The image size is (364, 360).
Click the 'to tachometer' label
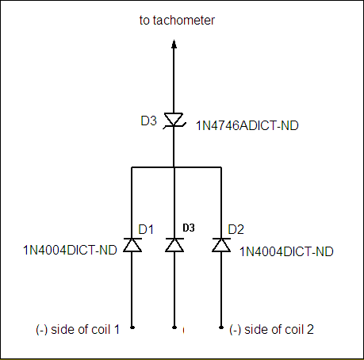pos(177,21)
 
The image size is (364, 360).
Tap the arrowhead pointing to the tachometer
pos(174,44)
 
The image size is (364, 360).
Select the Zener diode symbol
pos(174,121)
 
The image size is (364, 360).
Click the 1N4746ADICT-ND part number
pos(247,125)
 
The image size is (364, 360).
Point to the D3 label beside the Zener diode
pos(148,121)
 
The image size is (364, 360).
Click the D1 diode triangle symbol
pos(132,245)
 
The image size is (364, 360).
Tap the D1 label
pos(146,229)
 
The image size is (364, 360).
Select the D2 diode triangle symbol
pos(221,245)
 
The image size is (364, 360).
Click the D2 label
pos(236,229)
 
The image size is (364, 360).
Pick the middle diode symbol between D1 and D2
pos(174,245)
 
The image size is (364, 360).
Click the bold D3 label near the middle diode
pos(189,228)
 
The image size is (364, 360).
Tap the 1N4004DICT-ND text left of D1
pos(70,250)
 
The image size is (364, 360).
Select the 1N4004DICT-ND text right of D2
pos(286,251)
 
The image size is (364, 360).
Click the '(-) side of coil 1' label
pos(78,330)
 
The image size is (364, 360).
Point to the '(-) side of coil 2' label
pos(271,330)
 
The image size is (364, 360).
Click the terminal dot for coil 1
pos(132,327)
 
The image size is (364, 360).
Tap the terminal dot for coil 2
pos(221,327)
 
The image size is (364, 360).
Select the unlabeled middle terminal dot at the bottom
pos(174,327)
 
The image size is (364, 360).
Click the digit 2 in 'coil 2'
pos(310,329)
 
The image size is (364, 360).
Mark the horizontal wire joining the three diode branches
pos(176,167)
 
